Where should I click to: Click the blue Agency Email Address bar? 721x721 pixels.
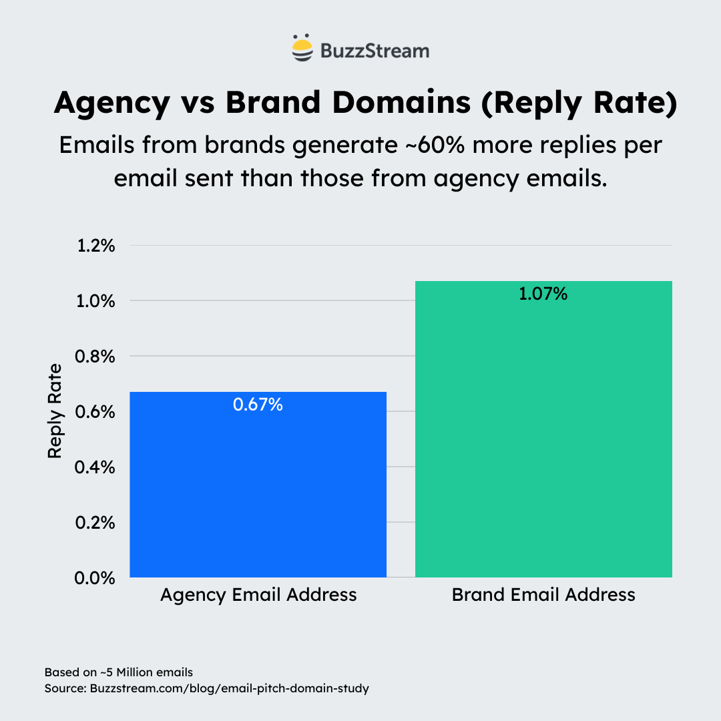(x=258, y=494)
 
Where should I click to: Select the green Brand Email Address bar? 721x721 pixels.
(x=543, y=441)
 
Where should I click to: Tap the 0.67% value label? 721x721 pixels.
(x=258, y=405)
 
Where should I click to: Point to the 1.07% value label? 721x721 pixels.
(x=543, y=294)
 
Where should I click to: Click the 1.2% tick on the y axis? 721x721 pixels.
(x=97, y=246)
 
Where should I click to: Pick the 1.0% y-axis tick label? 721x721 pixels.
(x=97, y=301)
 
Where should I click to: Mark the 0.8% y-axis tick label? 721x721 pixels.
(x=97, y=356)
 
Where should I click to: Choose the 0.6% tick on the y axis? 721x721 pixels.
(x=97, y=412)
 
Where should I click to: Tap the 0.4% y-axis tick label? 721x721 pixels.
(x=97, y=467)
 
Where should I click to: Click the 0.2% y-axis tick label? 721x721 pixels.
(x=97, y=523)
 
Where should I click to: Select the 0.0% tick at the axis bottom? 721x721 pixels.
(x=97, y=578)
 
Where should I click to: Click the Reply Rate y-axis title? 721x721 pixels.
(x=55, y=411)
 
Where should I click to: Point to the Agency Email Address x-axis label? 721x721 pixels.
(x=258, y=595)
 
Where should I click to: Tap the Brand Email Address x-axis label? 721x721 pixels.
(x=543, y=595)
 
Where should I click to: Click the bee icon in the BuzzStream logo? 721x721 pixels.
(x=302, y=49)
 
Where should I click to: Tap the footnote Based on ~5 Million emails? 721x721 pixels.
(x=119, y=672)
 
